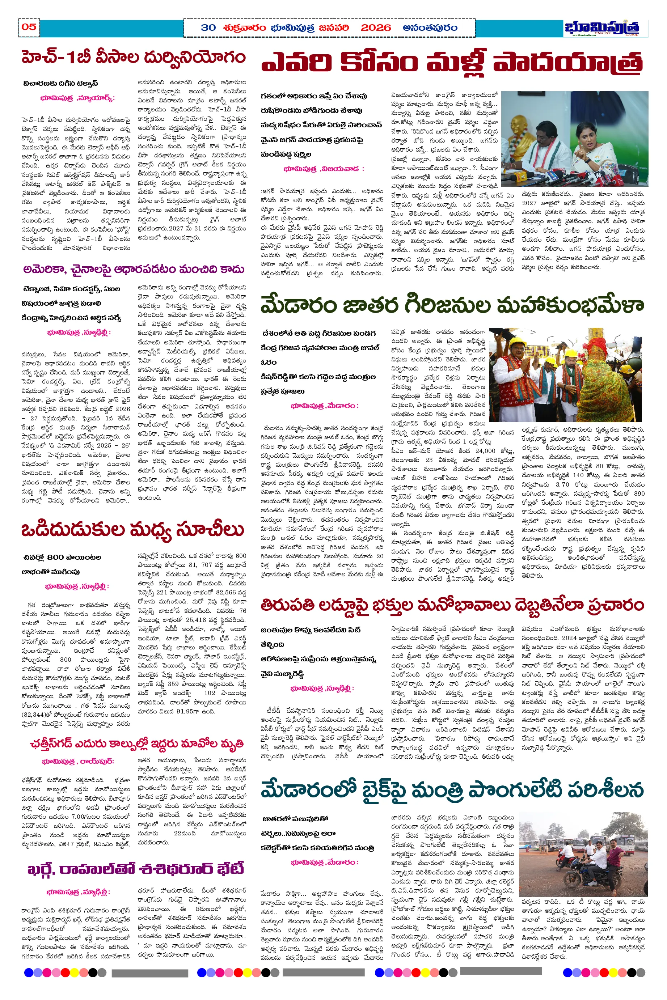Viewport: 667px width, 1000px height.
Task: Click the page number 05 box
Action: [x=29, y=27]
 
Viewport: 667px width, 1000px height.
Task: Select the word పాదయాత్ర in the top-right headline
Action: [x=568, y=64]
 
